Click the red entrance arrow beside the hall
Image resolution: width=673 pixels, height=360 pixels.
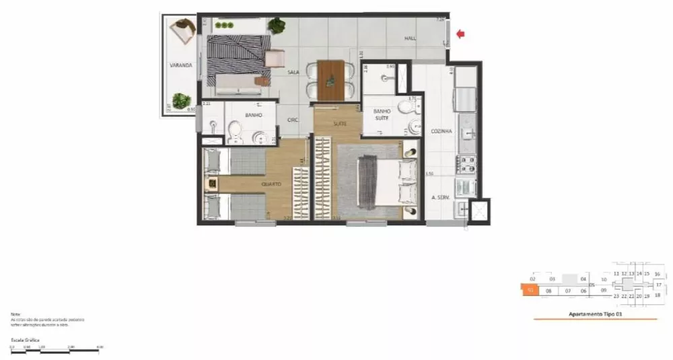[x=460, y=33]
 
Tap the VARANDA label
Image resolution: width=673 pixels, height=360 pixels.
[x=181, y=65]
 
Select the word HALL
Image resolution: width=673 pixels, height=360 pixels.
[x=410, y=39]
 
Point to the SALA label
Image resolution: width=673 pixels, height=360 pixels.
[x=293, y=72]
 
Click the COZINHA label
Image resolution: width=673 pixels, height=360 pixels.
[x=441, y=131]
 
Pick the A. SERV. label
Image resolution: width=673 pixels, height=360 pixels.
[x=441, y=198]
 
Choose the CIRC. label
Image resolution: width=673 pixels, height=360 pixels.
[x=293, y=120]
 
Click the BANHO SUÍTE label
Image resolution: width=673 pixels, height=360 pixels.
[x=382, y=115]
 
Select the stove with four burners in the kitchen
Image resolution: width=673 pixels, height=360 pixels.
[x=466, y=163]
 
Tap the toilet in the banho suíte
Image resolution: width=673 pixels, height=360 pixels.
[x=406, y=106]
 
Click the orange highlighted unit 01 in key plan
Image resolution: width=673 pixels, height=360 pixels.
[x=531, y=291]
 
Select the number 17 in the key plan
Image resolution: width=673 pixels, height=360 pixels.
[x=659, y=285]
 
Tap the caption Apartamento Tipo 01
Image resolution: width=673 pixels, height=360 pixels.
[x=592, y=314]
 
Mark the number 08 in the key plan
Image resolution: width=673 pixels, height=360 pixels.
[x=549, y=291]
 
